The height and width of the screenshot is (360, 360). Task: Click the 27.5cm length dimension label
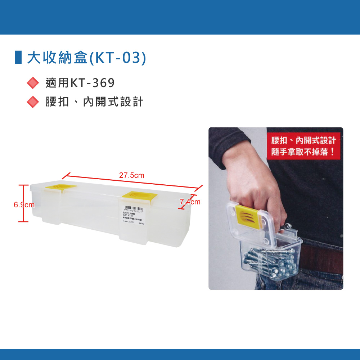pos(131,176)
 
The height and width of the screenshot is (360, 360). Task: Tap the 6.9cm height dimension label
pos(24,205)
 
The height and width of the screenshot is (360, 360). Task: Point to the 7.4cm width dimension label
pos(190,202)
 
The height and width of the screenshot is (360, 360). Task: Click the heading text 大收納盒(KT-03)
pos(87,58)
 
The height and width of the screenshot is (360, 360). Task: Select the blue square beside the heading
pos(18,58)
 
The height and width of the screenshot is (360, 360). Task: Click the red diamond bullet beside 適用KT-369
pos(33,83)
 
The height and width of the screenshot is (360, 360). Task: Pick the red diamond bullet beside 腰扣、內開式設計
pos(33,102)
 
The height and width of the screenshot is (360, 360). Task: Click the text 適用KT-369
pos(80,83)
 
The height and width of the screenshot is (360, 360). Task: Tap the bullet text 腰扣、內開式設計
pos(94,102)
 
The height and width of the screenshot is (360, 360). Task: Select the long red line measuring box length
pos(131,182)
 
